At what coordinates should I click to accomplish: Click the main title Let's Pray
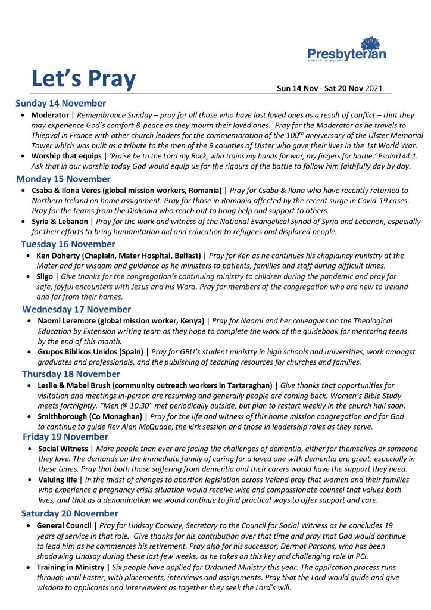(83, 79)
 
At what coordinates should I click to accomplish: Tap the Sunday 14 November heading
(61, 103)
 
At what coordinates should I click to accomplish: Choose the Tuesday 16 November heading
(68, 244)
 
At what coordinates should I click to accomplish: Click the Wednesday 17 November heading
(76, 309)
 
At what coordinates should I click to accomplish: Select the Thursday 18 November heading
(71, 374)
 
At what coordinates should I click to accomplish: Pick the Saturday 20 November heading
(70, 513)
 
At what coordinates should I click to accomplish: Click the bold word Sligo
(46, 277)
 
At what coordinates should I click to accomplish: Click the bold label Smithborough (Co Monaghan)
(89, 416)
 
